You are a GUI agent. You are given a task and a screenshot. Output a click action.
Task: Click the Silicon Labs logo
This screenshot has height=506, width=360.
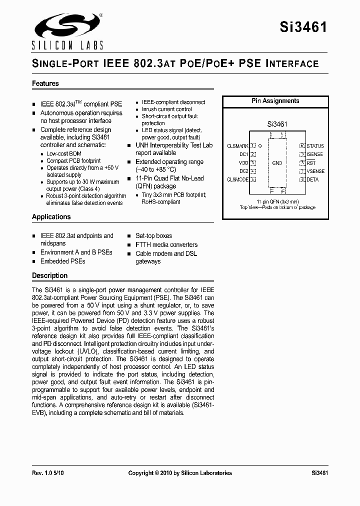(67, 31)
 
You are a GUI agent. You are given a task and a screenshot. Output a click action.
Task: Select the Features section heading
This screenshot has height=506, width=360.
(45, 83)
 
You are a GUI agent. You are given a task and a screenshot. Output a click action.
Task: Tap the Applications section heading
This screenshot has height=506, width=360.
(51, 216)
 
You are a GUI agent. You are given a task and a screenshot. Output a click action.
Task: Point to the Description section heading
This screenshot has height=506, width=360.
(49, 275)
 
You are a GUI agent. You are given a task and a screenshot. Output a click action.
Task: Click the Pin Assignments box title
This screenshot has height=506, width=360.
(275, 101)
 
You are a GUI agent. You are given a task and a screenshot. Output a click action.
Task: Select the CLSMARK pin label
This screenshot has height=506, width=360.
(237, 146)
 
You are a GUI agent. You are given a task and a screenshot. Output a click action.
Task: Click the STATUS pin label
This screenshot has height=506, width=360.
(315, 146)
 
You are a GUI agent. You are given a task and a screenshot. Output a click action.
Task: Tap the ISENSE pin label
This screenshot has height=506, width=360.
(315, 154)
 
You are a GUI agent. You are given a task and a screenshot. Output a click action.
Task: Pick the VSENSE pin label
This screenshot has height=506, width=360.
(315, 171)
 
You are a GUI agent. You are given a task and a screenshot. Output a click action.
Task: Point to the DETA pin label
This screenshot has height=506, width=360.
(312, 179)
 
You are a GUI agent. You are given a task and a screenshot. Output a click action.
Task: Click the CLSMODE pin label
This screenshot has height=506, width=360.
(237, 179)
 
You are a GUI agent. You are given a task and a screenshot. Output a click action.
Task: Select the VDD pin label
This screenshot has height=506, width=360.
(243, 163)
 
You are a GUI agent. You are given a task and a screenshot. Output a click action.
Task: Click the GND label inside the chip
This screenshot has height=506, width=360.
(277, 163)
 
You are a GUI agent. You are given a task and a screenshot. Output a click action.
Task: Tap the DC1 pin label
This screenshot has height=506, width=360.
(244, 154)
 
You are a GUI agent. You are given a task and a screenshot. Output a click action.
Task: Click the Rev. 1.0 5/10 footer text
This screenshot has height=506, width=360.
(48, 472)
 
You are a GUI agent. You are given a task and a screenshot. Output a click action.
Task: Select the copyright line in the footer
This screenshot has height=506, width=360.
(180, 472)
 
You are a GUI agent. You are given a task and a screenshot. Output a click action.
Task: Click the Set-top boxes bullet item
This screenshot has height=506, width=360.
(153, 235)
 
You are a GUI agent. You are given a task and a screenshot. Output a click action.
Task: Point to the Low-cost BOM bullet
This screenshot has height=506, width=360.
(64, 153)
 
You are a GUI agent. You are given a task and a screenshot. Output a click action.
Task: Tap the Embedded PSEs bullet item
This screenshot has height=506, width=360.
(62, 261)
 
